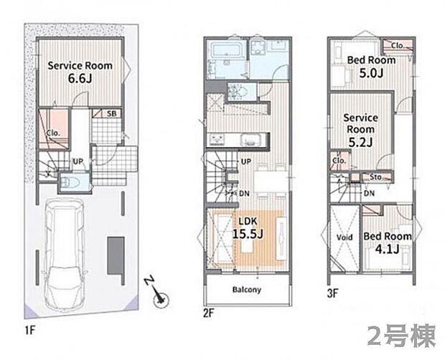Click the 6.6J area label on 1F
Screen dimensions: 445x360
[80, 78]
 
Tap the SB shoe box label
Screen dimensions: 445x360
[111, 114]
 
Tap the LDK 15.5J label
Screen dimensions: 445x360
[248, 227]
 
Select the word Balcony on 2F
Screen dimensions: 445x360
[247, 290]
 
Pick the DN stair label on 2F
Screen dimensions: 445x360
[244, 194]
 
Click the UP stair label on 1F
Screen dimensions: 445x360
[78, 161]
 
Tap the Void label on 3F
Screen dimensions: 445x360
[345, 237]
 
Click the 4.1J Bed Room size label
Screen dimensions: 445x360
[387, 249]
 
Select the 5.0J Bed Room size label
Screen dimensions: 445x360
[371, 73]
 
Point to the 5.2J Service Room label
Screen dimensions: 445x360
[360, 130]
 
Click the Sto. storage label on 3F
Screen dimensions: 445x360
[376, 177]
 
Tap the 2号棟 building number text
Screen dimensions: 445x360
[401, 336]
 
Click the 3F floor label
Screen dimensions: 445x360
[333, 294]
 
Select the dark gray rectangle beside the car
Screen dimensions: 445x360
[116, 255]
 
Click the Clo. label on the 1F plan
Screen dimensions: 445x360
[54, 133]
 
